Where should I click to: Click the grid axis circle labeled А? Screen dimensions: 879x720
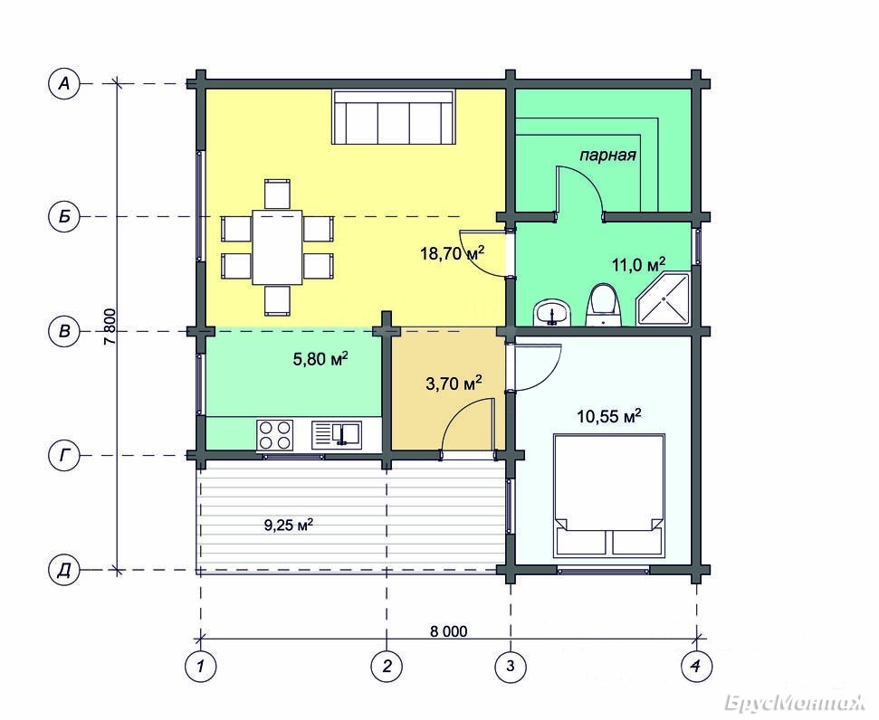[x=64, y=84]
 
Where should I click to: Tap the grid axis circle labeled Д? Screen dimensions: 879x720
[x=64, y=571]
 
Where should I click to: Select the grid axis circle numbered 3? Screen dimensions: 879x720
[x=511, y=667]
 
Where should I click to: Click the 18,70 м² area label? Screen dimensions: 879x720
[x=452, y=253]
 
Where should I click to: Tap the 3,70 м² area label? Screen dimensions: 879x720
[x=454, y=384]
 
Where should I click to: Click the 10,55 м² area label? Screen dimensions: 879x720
[x=609, y=416]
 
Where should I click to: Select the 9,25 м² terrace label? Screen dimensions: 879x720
[x=288, y=525]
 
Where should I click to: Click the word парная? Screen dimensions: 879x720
[x=607, y=156]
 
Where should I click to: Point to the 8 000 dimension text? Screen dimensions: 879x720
[x=448, y=631]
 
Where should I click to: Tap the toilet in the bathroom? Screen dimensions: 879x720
[x=604, y=305]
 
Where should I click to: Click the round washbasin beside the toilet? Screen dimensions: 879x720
[x=553, y=312]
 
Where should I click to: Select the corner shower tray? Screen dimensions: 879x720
[x=662, y=299]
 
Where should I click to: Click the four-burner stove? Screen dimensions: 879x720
[x=274, y=435]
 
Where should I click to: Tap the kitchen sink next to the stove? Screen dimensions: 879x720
[x=337, y=435]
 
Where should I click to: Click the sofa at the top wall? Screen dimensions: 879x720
[x=394, y=117]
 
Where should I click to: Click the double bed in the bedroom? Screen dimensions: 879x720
[x=608, y=496]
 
